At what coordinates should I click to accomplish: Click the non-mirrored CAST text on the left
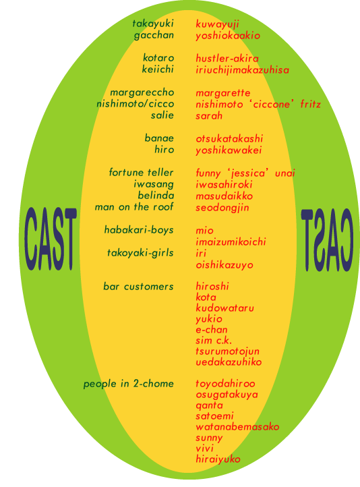(51, 238)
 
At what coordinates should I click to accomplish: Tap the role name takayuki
(153, 24)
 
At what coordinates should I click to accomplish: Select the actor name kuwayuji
(217, 24)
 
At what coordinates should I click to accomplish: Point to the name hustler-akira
(227, 58)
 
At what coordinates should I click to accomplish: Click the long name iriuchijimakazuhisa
(243, 70)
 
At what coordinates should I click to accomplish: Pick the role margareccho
(142, 92)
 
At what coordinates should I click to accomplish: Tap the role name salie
(162, 115)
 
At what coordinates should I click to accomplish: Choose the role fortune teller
(141, 172)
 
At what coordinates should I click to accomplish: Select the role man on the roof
(134, 206)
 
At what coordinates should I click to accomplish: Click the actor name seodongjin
(222, 208)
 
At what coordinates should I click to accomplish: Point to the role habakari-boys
(139, 230)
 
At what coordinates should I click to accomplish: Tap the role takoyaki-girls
(140, 253)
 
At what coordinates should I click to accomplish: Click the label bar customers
(138, 287)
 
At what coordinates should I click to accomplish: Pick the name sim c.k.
(214, 341)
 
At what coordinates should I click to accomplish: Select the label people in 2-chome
(129, 384)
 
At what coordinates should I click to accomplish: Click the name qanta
(209, 405)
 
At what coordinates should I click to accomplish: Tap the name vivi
(204, 449)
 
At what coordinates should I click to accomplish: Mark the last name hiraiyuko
(218, 459)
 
